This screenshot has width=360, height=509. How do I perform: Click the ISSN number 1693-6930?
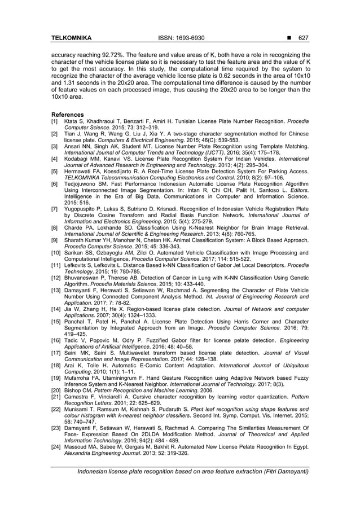click(x=188, y=38)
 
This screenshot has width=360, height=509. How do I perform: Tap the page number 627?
click(x=304, y=38)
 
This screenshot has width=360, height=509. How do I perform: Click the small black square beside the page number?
click(x=289, y=38)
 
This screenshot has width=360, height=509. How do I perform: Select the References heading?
click(x=67, y=115)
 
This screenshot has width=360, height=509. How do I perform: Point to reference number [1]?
click(x=55, y=121)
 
